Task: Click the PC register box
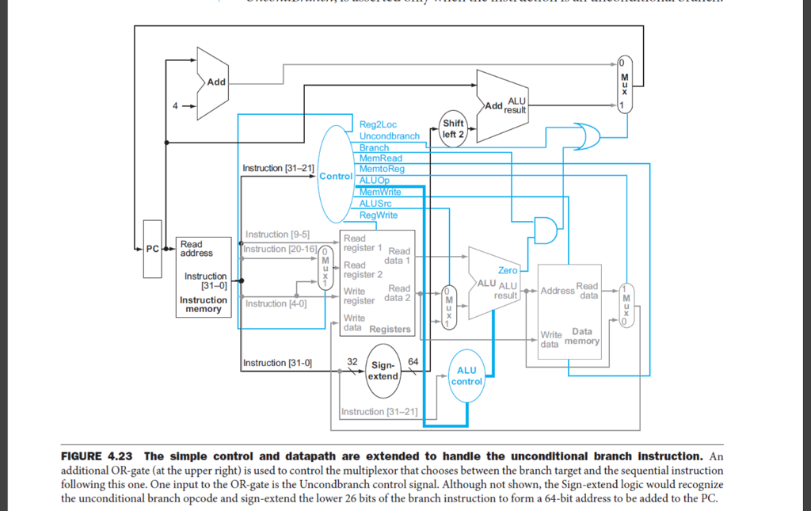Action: point(152,249)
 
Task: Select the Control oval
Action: point(334,176)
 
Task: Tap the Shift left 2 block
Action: point(453,129)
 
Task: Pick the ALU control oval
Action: point(466,376)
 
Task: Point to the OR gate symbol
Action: point(586,136)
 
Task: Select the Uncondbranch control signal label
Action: point(390,136)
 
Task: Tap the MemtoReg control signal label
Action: point(382,170)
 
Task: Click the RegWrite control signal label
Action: point(379,215)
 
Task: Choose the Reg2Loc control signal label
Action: point(378,124)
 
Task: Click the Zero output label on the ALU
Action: point(508,270)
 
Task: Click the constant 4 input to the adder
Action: point(176,105)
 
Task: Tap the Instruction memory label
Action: point(204,304)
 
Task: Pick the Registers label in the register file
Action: point(390,329)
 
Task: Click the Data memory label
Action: point(582,337)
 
